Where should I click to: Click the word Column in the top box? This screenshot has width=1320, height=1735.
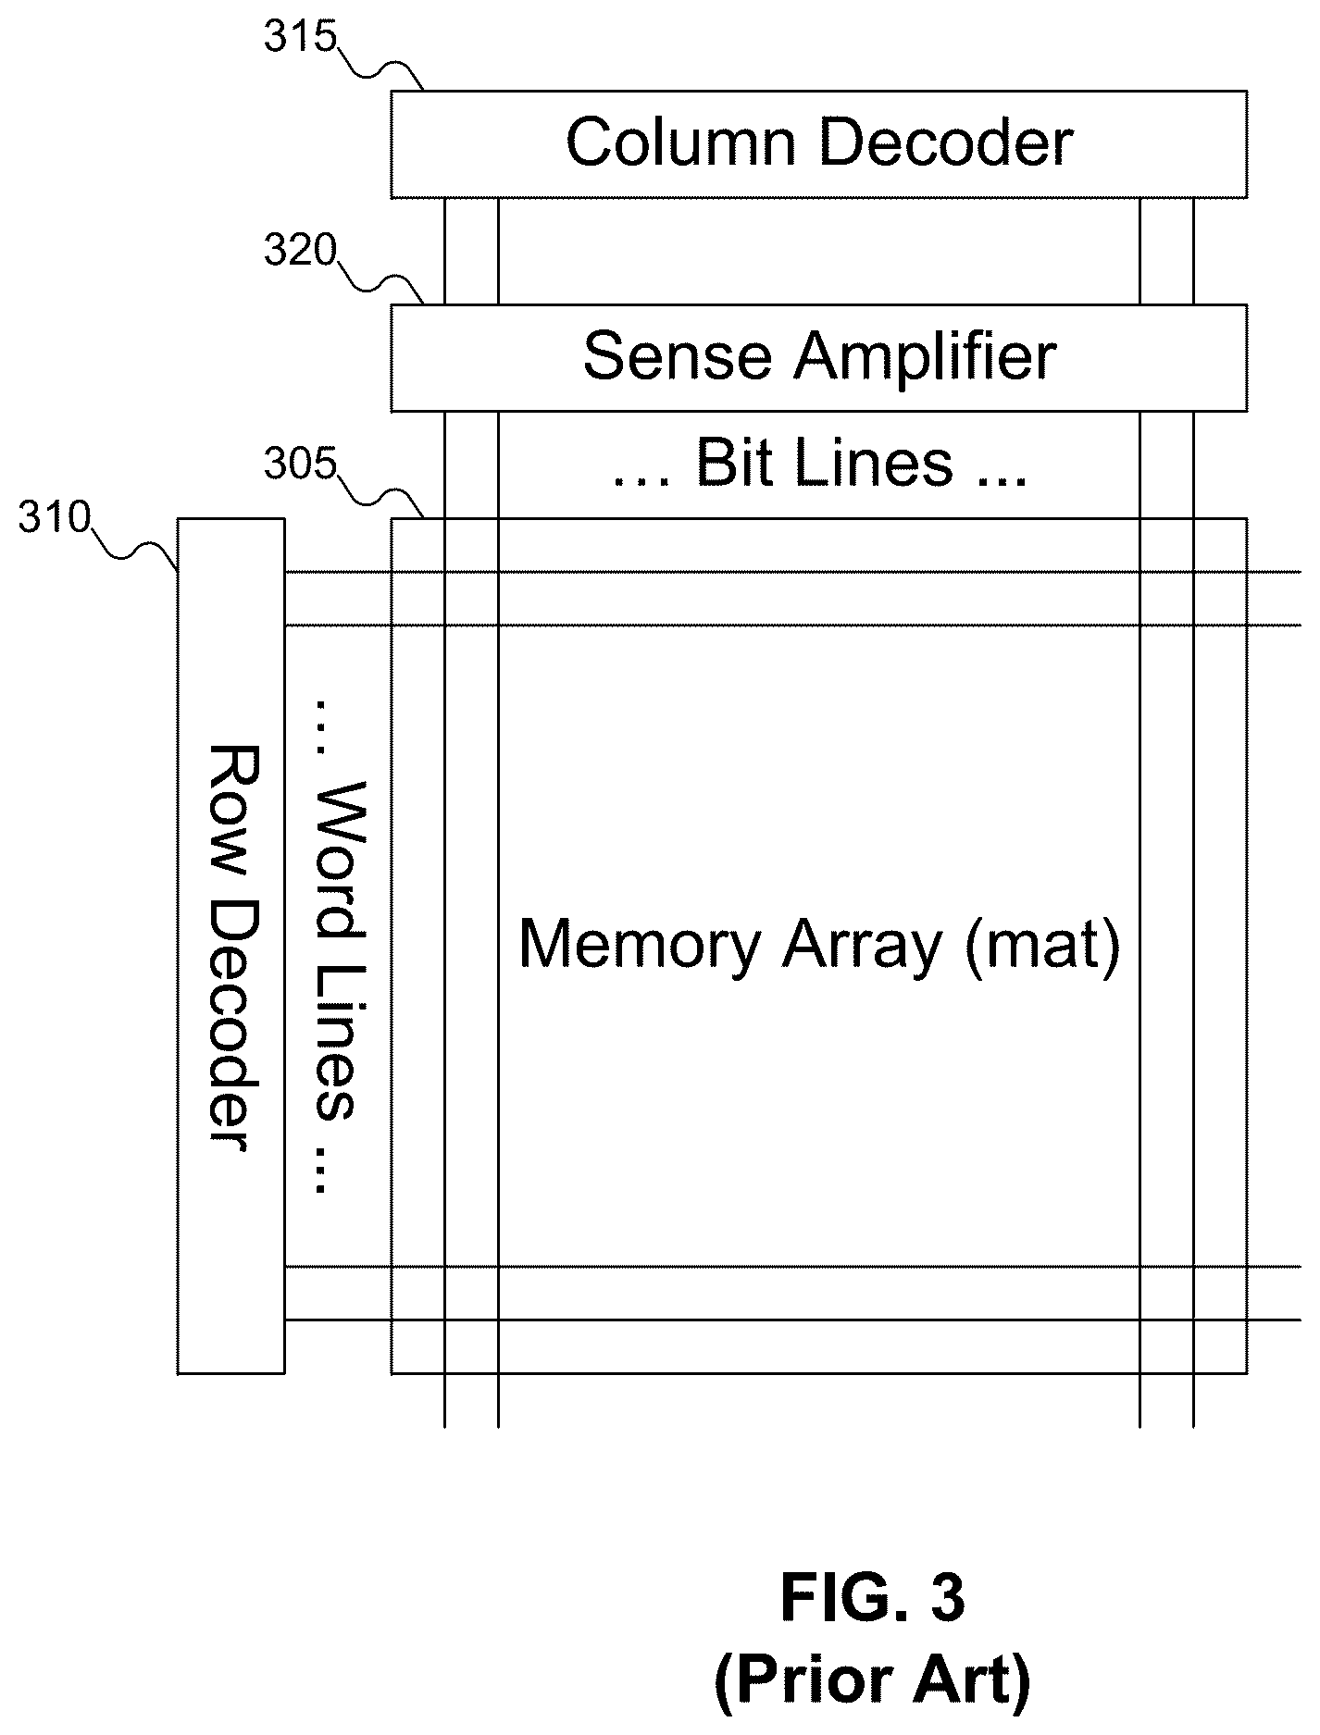pos(680,143)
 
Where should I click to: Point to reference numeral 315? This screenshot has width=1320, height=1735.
pos(299,39)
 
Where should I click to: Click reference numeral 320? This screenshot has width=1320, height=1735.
pos(299,251)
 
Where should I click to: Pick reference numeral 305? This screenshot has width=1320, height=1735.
pos(299,465)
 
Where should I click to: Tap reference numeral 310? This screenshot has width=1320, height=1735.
pos(54,519)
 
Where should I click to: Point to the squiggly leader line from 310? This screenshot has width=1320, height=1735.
pos(134,545)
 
